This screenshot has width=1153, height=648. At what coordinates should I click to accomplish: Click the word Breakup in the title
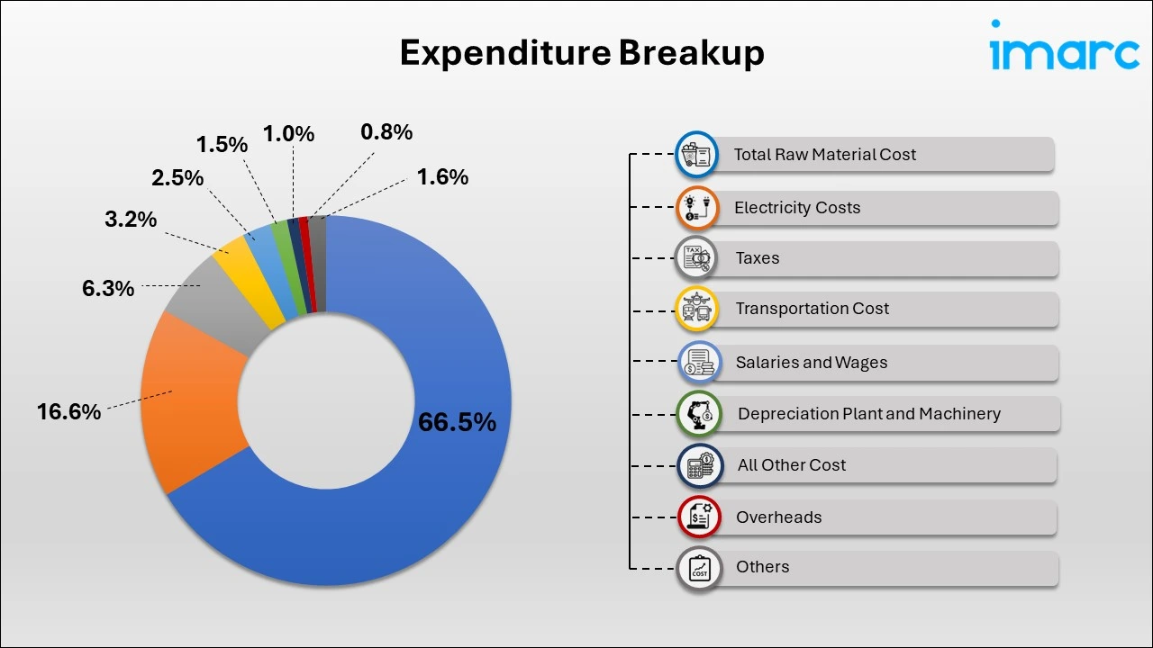[691, 53]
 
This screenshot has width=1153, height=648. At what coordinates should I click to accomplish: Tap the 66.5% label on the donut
[457, 422]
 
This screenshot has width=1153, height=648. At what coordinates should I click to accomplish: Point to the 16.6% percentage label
[68, 412]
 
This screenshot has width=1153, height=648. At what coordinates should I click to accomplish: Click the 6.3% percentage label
[107, 288]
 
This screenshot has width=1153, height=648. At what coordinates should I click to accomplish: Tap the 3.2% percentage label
[131, 219]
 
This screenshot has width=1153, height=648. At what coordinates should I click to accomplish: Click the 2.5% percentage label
[177, 178]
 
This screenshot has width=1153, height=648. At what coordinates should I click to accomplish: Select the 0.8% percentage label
[386, 132]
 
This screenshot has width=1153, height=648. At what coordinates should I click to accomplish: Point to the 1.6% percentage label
[442, 177]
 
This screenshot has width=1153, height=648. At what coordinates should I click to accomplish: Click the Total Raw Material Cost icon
[696, 155]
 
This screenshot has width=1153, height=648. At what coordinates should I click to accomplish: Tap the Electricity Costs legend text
[797, 208]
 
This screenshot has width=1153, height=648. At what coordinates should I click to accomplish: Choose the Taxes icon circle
[696, 258]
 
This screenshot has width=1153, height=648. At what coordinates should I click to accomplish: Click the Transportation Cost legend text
[812, 309]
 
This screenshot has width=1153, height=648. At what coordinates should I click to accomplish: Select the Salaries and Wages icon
[699, 363]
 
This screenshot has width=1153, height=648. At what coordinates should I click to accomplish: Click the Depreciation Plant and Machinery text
[868, 414]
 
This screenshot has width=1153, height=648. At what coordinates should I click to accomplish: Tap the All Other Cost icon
[699, 465]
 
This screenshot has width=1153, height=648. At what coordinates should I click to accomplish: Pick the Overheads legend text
[778, 517]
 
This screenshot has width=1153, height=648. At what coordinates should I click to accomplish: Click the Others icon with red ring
[699, 568]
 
